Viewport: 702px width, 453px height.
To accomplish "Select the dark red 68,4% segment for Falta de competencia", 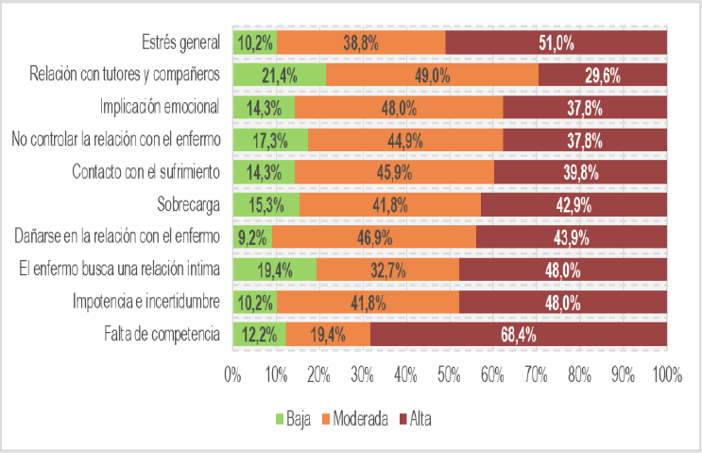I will click(519, 334).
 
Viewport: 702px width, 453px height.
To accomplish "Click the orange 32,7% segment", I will click(387, 270).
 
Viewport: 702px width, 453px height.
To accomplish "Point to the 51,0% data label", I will click(556, 43).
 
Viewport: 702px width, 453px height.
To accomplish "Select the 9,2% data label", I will click(252, 237).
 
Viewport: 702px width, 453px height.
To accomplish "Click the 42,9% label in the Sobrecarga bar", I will click(574, 204).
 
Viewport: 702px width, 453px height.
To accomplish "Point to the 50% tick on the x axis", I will click(450, 375).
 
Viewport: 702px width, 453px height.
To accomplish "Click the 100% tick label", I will click(665, 375).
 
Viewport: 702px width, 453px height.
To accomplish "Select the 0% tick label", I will click(232, 375).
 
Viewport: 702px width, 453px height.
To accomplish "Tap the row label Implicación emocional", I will click(160, 107).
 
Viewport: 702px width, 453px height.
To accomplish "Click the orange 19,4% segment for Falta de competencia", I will click(327, 334).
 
